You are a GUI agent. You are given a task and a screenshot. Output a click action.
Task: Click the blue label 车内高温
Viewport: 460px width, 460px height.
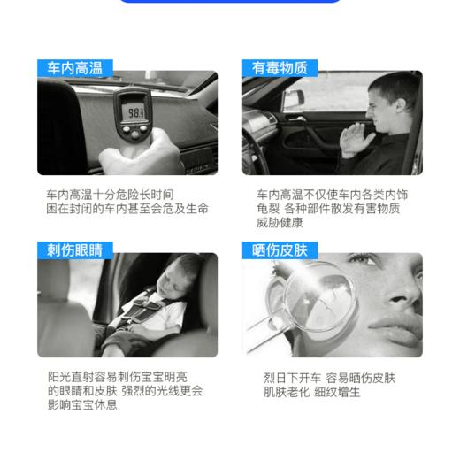pos(70,67)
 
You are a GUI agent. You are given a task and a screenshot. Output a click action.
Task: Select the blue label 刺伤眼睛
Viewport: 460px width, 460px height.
pos(70,249)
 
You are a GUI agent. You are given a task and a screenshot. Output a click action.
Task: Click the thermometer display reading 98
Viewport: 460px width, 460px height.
pos(135,113)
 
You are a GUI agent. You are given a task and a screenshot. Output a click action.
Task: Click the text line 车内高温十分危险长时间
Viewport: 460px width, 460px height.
pos(110,193)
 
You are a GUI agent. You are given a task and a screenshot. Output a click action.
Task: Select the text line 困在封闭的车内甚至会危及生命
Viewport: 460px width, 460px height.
pos(127,209)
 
